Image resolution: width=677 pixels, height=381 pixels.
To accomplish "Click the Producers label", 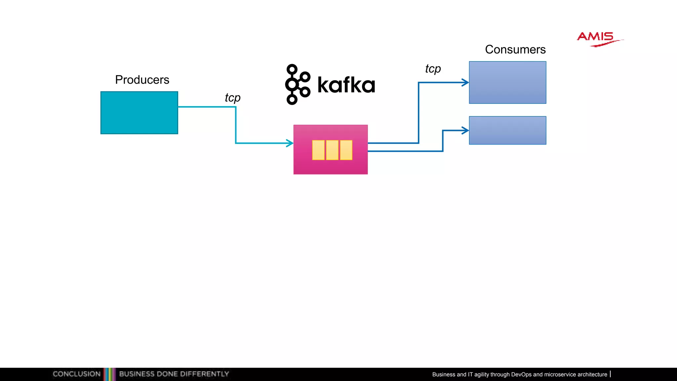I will (142, 80).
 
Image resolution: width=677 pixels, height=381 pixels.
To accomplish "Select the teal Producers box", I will (139, 113).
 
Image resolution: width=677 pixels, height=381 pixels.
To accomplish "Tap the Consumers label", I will (515, 50).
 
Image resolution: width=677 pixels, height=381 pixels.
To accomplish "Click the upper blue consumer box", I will (507, 82).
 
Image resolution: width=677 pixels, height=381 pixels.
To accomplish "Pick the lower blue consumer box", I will (507, 130).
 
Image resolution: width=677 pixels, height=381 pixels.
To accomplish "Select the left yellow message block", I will (318, 150).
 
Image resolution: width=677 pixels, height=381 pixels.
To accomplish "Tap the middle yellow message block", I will (332, 150).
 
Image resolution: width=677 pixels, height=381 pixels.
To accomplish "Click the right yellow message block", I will (346, 150).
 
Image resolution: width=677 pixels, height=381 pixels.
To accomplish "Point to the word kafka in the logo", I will (346, 85).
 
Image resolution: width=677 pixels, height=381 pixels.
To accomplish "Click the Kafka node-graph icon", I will (298, 84).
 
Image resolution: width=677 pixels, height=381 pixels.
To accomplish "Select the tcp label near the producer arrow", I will (233, 98).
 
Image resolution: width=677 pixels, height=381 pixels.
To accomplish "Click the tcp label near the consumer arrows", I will (433, 69).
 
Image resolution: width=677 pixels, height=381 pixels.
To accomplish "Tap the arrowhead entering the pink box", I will (290, 143).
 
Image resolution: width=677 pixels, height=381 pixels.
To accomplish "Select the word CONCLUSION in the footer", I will (77, 374).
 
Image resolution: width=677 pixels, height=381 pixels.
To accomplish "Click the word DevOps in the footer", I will (521, 374).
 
